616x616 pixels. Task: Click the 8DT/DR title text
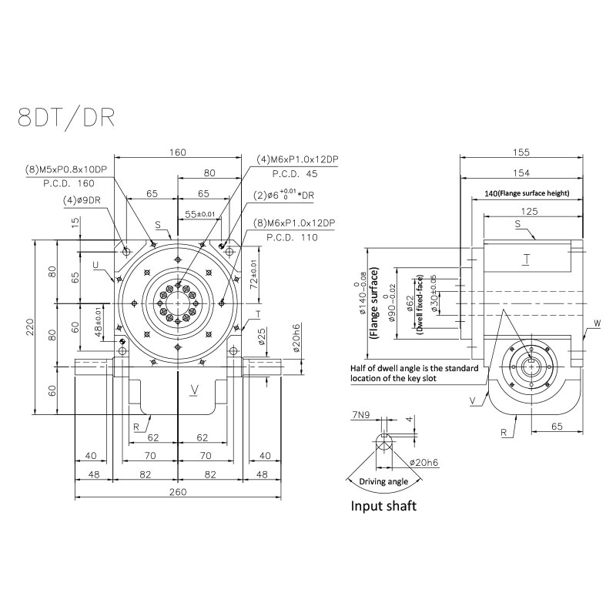click(67, 117)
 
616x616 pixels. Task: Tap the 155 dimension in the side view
click(522, 152)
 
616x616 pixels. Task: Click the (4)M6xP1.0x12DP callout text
click(297, 159)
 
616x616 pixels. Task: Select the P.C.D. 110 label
click(293, 238)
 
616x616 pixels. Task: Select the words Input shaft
click(384, 506)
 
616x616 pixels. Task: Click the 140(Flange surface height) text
click(527, 193)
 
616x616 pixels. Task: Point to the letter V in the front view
click(195, 390)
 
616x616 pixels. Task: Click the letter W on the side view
click(596, 324)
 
